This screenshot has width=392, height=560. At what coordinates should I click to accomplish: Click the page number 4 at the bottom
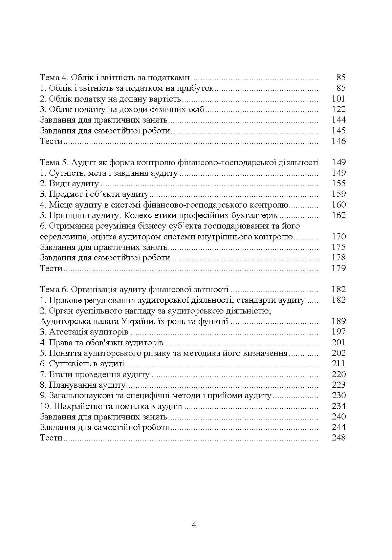(x=194, y=525)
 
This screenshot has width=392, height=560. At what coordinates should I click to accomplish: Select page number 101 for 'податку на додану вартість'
(x=338, y=99)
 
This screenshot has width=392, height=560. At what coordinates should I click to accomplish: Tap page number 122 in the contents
(x=338, y=109)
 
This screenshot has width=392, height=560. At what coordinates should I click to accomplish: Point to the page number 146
(x=338, y=141)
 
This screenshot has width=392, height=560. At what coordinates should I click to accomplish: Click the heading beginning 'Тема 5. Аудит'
(x=179, y=163)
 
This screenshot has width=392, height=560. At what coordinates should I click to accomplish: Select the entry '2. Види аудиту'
(x=69, y=184)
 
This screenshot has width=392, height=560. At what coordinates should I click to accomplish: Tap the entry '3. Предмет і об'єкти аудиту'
(x=95, y=194)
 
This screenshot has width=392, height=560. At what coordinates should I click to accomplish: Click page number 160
(x=338, y=205)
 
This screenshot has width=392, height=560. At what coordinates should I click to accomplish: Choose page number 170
(x=338, y=237)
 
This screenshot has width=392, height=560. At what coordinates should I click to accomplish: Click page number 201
(x=338, y=343)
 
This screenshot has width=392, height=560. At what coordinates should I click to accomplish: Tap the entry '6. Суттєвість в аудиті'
(x=83, y=364)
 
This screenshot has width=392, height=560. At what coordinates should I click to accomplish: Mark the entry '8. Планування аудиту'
(x=83, y=385)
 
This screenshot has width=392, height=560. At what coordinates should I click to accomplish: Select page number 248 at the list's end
(x=338, y=438)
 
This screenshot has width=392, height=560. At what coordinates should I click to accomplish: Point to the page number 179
(x=338, y=268)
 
